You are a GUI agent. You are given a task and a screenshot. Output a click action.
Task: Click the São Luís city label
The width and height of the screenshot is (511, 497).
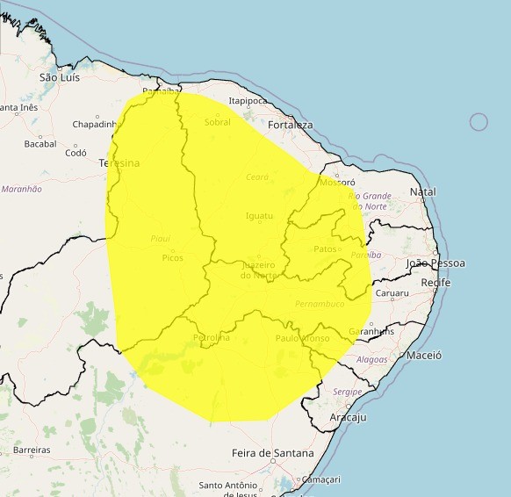click(x=60, y=77)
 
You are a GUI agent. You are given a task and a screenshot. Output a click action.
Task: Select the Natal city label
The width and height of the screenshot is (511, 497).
click(x=422, y=191)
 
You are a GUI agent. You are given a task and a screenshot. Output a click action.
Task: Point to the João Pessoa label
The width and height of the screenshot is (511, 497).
click(x=435, y=263)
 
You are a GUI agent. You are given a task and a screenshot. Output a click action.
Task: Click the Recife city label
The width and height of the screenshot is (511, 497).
click(x=435, y=283)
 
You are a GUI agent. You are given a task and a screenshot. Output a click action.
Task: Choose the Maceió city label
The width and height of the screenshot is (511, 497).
click(x=424, y=356)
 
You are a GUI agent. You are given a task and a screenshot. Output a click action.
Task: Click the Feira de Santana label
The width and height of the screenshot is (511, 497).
click(x=272, y=453)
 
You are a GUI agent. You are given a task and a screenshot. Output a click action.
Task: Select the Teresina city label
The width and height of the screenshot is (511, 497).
click(x=119, y=163)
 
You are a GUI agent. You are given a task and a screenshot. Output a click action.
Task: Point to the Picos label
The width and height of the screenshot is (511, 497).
click(x=172, y=258)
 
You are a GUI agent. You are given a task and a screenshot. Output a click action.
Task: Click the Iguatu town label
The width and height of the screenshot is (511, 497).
click(x=259, y=215)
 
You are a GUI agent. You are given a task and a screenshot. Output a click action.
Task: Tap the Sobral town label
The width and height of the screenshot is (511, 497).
click(x=217, y=123)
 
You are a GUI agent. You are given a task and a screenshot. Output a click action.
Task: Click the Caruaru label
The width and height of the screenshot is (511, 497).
click(x=392, y=293)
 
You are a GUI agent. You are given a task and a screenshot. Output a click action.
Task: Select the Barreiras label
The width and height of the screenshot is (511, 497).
click(x=32, y=450)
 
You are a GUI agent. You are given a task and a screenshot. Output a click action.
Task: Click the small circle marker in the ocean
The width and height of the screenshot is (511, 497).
click(x=479, y=122)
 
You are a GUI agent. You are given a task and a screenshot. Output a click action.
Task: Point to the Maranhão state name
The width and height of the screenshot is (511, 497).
click(x=22, y=189)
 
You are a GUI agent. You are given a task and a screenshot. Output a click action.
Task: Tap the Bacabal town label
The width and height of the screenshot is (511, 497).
click(x=40, y=144)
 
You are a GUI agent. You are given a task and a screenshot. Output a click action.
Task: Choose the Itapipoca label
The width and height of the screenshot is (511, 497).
click(x=248, y=102)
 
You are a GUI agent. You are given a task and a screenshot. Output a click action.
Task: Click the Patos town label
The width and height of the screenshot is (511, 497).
click(x=325, y=249)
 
